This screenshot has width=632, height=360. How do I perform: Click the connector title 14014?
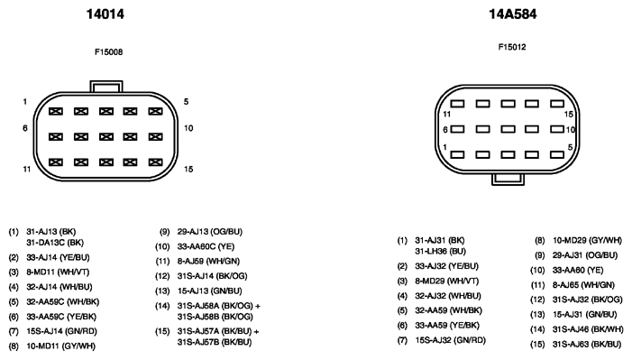(x=105, y=14)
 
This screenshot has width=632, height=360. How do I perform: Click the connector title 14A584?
(x=513, y=14)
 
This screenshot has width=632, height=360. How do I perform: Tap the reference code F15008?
(x=108, y=51)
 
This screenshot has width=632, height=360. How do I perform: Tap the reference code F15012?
(x=512, y=47)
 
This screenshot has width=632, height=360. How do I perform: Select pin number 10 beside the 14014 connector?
(x=188, y=128)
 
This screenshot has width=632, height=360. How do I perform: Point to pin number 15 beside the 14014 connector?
(x=188, y=169)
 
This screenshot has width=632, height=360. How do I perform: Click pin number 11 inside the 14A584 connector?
(x=446, y=115)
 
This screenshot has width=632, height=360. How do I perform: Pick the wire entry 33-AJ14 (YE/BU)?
(x=58, y=257)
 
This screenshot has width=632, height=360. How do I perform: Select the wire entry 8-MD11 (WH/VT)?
(x=58, y=272)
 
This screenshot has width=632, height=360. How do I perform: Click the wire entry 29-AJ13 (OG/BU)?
(x=210, y=232)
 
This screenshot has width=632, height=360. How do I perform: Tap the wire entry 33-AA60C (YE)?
(x=206, y=246)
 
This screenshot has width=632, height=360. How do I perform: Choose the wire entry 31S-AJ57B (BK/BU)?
(x=215, y=342)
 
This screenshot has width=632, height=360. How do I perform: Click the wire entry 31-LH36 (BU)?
(x=441, y=251)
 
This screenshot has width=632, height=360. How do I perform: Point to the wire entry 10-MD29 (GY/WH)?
(x=587, y=241)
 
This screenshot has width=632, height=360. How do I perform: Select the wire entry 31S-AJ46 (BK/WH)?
(x=588, y=329)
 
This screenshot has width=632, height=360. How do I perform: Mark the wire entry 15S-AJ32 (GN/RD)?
(x=450, y=340)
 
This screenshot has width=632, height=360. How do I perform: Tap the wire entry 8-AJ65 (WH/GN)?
(x=583, y=285)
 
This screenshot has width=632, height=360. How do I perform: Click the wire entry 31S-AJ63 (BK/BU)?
(x=587, y=345)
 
